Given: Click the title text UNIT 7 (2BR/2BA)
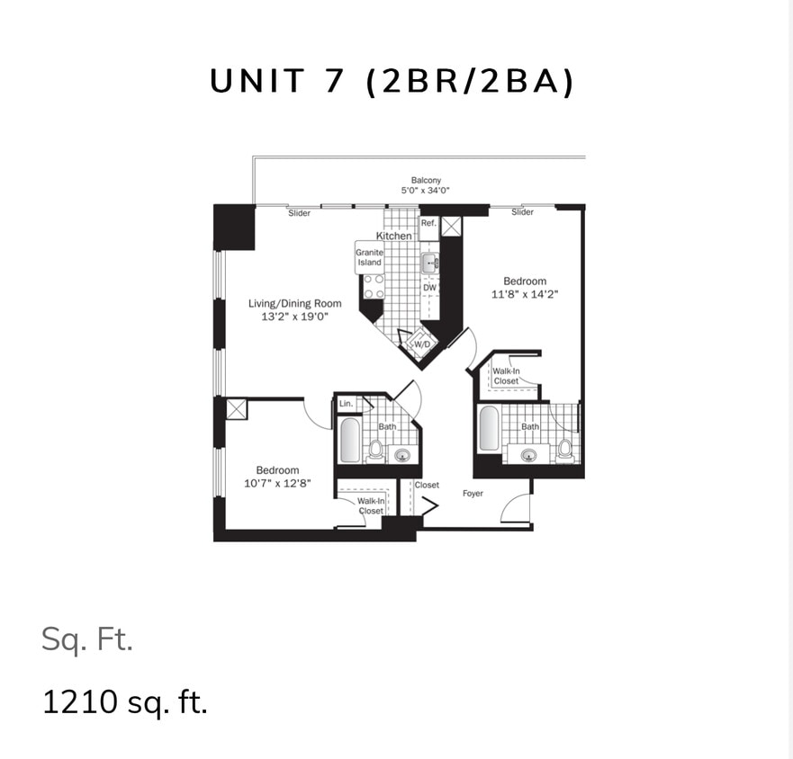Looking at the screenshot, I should pos(392,82).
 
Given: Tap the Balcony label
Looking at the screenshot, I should pos(426,180).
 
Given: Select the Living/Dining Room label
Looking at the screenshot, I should pos(295,304).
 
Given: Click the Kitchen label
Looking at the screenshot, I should pos(393,236).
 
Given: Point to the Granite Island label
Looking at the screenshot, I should pos(369,257).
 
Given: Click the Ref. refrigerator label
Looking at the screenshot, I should pos(428,222).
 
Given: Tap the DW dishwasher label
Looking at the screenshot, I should pos(429,288).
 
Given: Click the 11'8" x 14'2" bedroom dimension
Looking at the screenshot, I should pos(525,294).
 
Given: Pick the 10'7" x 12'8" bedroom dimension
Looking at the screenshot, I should pos(277,483).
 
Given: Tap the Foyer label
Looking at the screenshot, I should pos(473,494).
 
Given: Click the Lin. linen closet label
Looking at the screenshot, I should pos(346,404).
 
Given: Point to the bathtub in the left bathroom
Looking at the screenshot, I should pos(350,440).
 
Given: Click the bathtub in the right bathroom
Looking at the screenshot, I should pos(489,429).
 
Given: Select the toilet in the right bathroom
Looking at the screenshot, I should pos(564,448).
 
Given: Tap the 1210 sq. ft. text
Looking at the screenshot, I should pos(125,701).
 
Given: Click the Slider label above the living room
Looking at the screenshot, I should pos(299,213).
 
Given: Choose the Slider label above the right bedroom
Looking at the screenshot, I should pos(522,212).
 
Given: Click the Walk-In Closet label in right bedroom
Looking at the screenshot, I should pos(506,376).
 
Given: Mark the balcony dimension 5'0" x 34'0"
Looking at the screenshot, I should pos(426,191).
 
